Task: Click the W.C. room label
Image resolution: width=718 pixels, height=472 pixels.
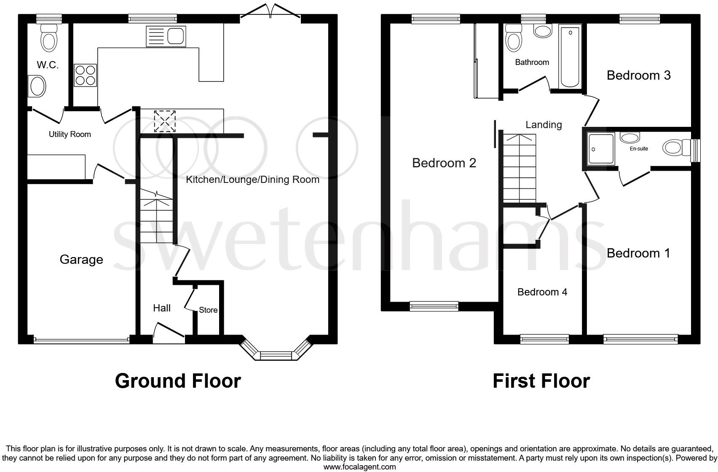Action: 48,65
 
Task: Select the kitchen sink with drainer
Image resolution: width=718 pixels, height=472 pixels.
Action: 166,36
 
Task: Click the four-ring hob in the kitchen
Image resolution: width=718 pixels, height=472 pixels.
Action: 85,75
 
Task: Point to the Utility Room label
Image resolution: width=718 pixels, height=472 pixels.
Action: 70,134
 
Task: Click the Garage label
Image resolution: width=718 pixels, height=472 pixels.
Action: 81,259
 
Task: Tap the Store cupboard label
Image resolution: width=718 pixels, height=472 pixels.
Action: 208,310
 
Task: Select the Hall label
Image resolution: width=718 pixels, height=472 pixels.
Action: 162,308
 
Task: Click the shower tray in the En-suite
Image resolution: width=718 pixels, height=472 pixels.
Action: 601,149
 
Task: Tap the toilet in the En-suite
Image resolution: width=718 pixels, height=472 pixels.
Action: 674,148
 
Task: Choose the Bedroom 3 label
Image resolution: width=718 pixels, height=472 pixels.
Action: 638,75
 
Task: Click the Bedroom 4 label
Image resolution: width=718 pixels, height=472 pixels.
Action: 542,292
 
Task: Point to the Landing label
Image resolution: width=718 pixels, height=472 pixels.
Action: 544,125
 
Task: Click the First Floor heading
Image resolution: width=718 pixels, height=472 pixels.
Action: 541,381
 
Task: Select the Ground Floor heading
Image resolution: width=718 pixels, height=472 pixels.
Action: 178,381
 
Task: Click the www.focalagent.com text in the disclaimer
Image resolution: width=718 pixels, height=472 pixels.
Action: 359,467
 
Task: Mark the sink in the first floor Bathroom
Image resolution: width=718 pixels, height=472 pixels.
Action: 543,31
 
